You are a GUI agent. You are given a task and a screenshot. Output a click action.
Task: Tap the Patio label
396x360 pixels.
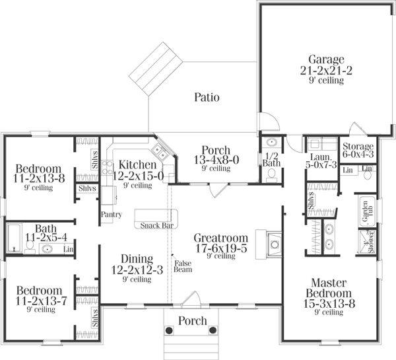click(x=207, y=98)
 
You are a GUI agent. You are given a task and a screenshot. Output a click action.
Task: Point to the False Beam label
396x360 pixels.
click(x=182, y=266)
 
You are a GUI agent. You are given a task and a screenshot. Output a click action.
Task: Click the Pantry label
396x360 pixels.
click(x=110, y=215)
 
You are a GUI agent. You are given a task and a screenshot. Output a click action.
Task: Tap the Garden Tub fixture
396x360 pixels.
click(x=364, y=209)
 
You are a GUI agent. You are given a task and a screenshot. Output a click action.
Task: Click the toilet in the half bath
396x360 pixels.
click(x=271, y=174)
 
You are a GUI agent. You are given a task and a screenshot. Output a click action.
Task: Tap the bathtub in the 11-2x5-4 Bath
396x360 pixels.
click(x=14, y=236)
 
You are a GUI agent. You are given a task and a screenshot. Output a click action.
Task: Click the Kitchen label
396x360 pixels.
click(x=137, y=164)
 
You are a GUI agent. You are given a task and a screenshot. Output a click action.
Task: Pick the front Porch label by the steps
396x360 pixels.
click(x=193, y=321)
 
